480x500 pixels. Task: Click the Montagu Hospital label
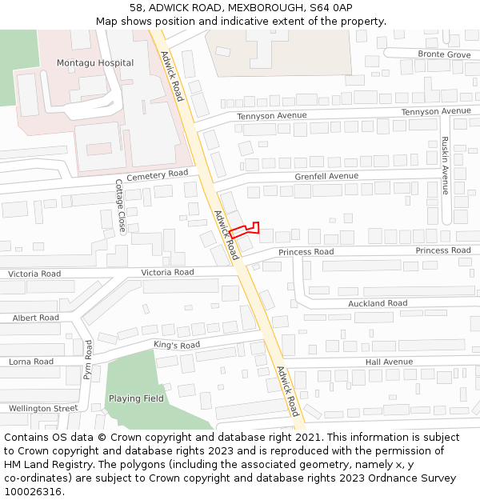tap(95, 63)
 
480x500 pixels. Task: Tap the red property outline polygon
tap(243, 231)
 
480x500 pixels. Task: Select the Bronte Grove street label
tap(444, 54)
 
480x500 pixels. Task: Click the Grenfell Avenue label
tap(326, 176)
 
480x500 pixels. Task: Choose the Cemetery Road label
tap(157, 175)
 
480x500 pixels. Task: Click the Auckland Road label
tap(378, 304)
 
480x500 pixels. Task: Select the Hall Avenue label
tap(389, 362)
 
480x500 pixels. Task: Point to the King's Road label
tap(177, 346)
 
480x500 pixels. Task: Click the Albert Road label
tap(36, 318)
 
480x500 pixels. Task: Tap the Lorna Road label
tap(31, 362)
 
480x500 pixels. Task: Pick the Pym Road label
tap(88, 359)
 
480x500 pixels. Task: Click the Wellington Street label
tap(43, 409)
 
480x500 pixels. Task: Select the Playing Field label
tap(136, 398)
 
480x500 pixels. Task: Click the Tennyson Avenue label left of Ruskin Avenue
tap(272, 117)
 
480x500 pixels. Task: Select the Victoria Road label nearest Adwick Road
tap(167, 273)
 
